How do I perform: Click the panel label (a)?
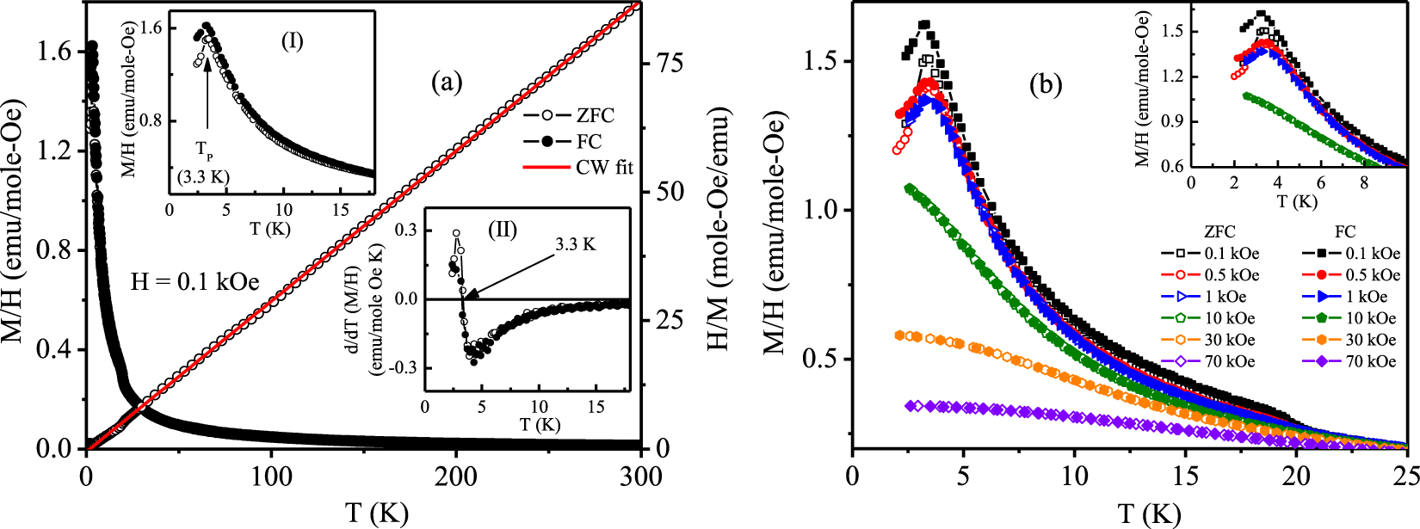[447, 83]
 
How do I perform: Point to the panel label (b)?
[1046, 84]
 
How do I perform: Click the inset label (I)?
[293, 40]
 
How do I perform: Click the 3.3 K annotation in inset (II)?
[575, 244]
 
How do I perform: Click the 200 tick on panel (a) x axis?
[456, 477]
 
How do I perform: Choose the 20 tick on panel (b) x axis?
[1296, 477]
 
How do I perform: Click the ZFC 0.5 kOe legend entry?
[1232, 275]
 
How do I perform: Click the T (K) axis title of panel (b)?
[1149, 514]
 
